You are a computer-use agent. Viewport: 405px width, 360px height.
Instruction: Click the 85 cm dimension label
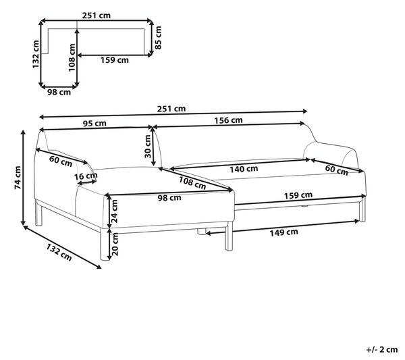(158, 38)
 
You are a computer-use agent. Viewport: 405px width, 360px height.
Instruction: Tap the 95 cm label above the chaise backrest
(94, 124)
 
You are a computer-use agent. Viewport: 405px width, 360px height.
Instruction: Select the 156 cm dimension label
(228, 120)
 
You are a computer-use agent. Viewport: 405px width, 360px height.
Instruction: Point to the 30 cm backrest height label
(147, 147)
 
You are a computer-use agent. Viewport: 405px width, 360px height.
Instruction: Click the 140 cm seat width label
(244, 169)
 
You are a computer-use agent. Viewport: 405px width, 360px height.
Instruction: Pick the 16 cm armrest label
(86, 177)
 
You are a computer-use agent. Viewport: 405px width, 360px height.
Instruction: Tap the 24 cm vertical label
(114, 211)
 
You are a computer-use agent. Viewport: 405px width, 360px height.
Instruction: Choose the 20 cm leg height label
(115, 245)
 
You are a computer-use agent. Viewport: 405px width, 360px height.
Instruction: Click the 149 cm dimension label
(284, 232)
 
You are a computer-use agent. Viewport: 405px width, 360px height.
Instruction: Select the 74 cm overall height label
(18, 178)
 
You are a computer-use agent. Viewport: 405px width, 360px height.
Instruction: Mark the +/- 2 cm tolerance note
(382, 350)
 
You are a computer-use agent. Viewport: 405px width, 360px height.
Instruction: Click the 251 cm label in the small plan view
(97, 16)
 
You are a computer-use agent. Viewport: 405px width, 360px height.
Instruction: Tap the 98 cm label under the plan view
(59, 92)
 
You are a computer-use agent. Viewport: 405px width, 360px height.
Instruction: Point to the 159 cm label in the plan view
(115, 60)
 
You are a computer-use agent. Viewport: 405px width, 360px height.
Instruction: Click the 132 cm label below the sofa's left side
(59, 252)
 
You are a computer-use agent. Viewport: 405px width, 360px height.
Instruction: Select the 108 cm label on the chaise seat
(192, 183)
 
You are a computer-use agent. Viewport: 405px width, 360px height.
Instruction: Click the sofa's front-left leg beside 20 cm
(104, 244)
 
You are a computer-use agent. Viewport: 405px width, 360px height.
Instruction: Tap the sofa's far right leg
(362, 209)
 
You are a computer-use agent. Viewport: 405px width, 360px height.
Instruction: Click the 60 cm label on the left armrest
(61, 161)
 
